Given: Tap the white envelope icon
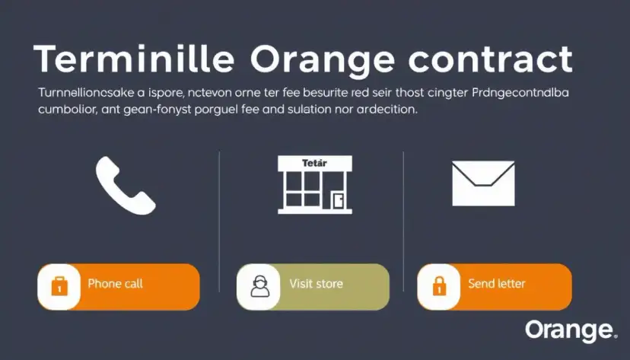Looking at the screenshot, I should [483, 183].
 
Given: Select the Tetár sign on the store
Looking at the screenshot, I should [314, 163].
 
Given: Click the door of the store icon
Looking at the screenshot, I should [339, 200].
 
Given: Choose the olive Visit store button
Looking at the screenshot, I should [313, 286].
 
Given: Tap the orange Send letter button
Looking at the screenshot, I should [494, 286].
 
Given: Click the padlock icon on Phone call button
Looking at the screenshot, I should [59, 286].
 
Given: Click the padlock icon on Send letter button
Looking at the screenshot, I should [438, 286].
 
